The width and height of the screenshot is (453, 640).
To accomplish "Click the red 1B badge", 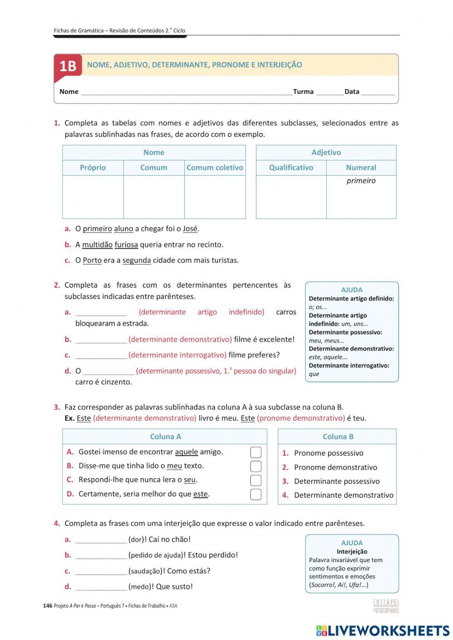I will tap(68, 66).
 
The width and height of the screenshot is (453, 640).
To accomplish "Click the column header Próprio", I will tap(93, 168).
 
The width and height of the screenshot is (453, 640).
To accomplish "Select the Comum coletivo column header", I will tap(215, 168).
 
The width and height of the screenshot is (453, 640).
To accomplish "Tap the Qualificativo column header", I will tap(291, 168).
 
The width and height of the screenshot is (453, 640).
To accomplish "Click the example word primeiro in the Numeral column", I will tap(361, 181).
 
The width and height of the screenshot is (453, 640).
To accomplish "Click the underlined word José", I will tap(190, 229).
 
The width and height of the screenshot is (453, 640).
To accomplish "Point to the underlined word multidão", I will tap(97, 245).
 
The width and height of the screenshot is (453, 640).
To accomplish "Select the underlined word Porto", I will tap(92, 260).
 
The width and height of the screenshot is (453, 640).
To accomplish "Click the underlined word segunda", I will tap(136, 260).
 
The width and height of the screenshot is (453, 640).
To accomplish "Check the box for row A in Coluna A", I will tap(256, 452).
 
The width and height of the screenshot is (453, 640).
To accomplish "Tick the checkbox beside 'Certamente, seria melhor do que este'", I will tap(256, 494).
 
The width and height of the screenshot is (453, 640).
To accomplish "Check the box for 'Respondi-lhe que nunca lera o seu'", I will tap(256, 480).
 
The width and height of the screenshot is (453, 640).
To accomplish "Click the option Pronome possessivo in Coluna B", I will tap(328, 453).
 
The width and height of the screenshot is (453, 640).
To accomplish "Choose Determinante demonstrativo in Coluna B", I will tap(343, 495).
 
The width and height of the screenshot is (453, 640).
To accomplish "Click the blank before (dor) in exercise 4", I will tap(101, 540).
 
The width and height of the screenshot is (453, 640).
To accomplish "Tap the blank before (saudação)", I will tap(101, 572).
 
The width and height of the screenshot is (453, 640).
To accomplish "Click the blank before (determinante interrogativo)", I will tap(101, 356).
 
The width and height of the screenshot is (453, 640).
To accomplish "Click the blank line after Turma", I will tap(329, 92).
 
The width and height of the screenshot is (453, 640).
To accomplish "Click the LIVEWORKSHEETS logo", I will tap(383, 630).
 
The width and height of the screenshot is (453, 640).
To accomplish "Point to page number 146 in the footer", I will tap(48, 606).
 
